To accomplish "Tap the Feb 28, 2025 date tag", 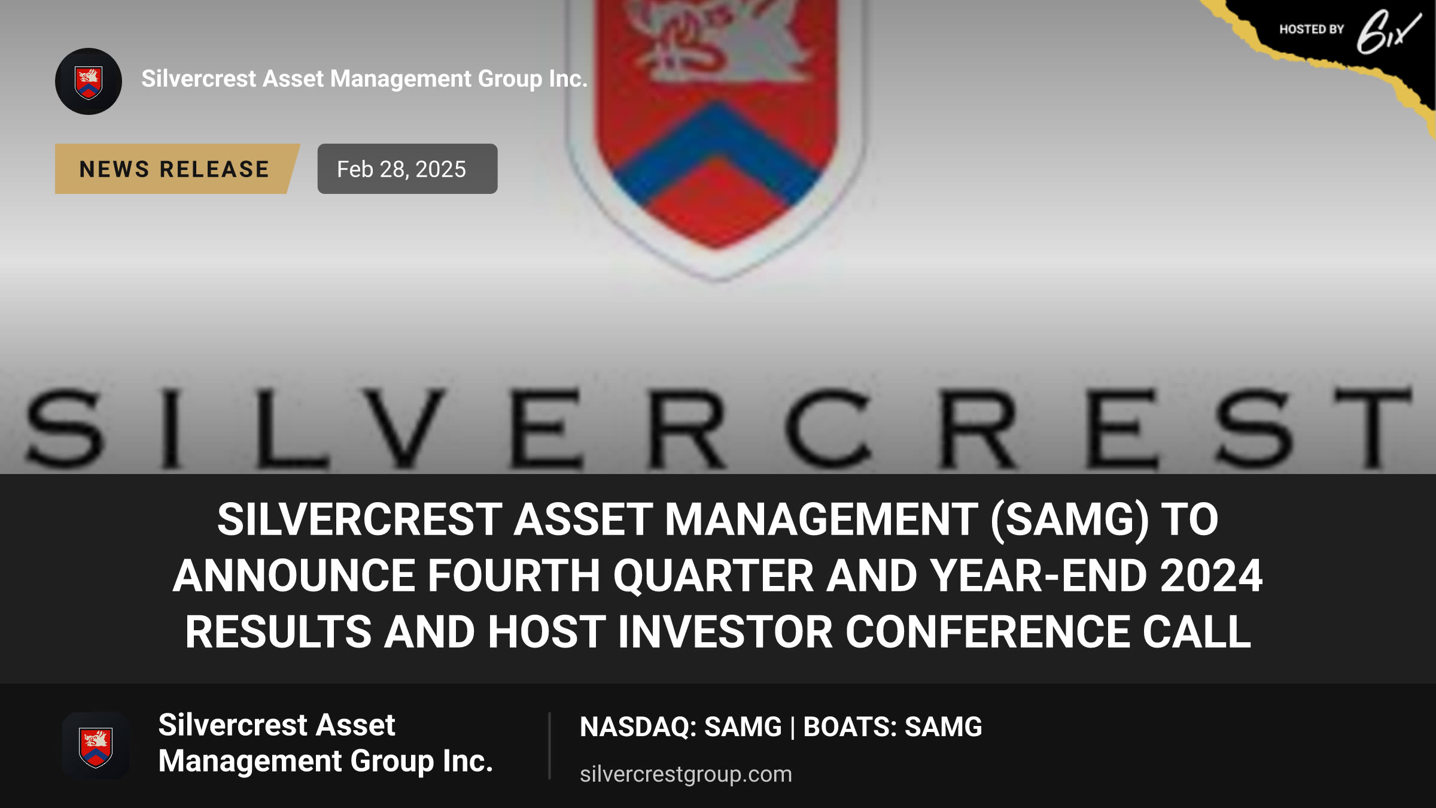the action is coord(407,169).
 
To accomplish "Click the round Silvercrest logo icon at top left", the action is coord(89,81).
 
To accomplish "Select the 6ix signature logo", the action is coord(1388,32).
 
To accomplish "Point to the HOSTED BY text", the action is coord(1312,29).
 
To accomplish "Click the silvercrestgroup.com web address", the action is coord(686,774).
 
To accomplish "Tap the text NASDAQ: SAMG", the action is coord(681,727).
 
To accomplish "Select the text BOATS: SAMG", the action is coord(892,727).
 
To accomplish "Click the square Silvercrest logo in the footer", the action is coord(96,746).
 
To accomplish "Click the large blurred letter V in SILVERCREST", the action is coord(406,427).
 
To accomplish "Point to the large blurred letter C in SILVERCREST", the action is coord(829,427).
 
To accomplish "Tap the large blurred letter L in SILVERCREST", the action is coord(292,427).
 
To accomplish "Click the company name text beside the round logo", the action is coord(364,79).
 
